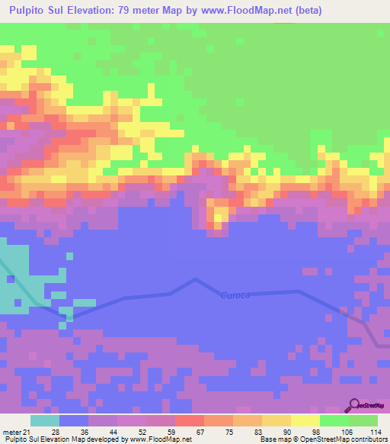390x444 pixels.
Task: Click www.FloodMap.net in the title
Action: coord(237,11)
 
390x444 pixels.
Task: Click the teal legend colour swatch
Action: coord(45,420)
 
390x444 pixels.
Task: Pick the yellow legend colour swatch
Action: coord(305,420)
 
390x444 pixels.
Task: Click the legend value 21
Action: coord(29,431)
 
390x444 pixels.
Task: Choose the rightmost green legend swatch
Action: coord(363,420)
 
